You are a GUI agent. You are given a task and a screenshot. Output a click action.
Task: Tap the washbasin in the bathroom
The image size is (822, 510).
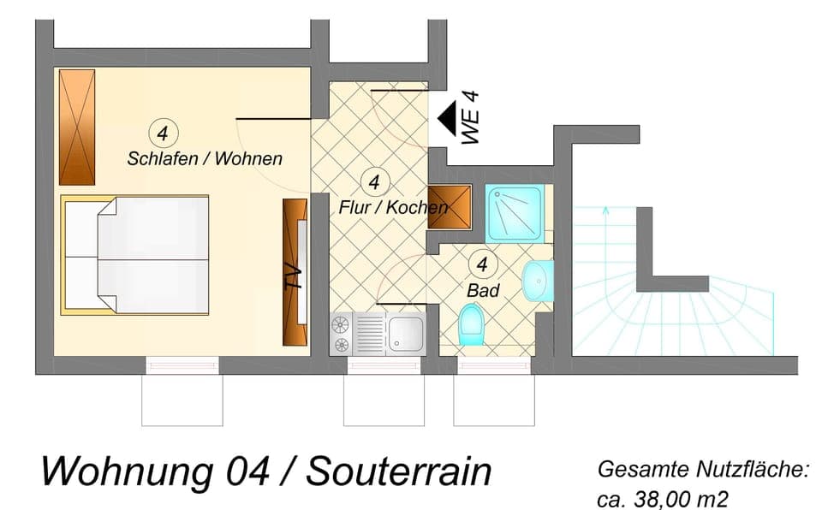(538, 281)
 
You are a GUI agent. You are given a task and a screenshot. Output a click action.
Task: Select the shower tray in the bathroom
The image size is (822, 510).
(514, 212)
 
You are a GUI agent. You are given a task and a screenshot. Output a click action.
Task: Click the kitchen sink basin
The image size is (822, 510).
(405, 332)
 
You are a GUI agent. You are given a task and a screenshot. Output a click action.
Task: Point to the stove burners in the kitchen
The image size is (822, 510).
(341, 334)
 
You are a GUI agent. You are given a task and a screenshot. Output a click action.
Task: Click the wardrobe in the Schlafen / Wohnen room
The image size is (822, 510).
(76, 127)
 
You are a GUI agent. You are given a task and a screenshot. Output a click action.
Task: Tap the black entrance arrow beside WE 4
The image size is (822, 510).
(446, 116)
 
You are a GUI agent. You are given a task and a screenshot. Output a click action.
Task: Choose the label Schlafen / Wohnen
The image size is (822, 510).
(205, 158)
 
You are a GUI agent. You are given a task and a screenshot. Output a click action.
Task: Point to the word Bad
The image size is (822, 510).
(483, 290)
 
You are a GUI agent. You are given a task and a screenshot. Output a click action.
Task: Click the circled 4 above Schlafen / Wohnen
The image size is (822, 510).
(163, 133)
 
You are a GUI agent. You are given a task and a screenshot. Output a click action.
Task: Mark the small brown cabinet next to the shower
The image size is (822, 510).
(450, 206)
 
